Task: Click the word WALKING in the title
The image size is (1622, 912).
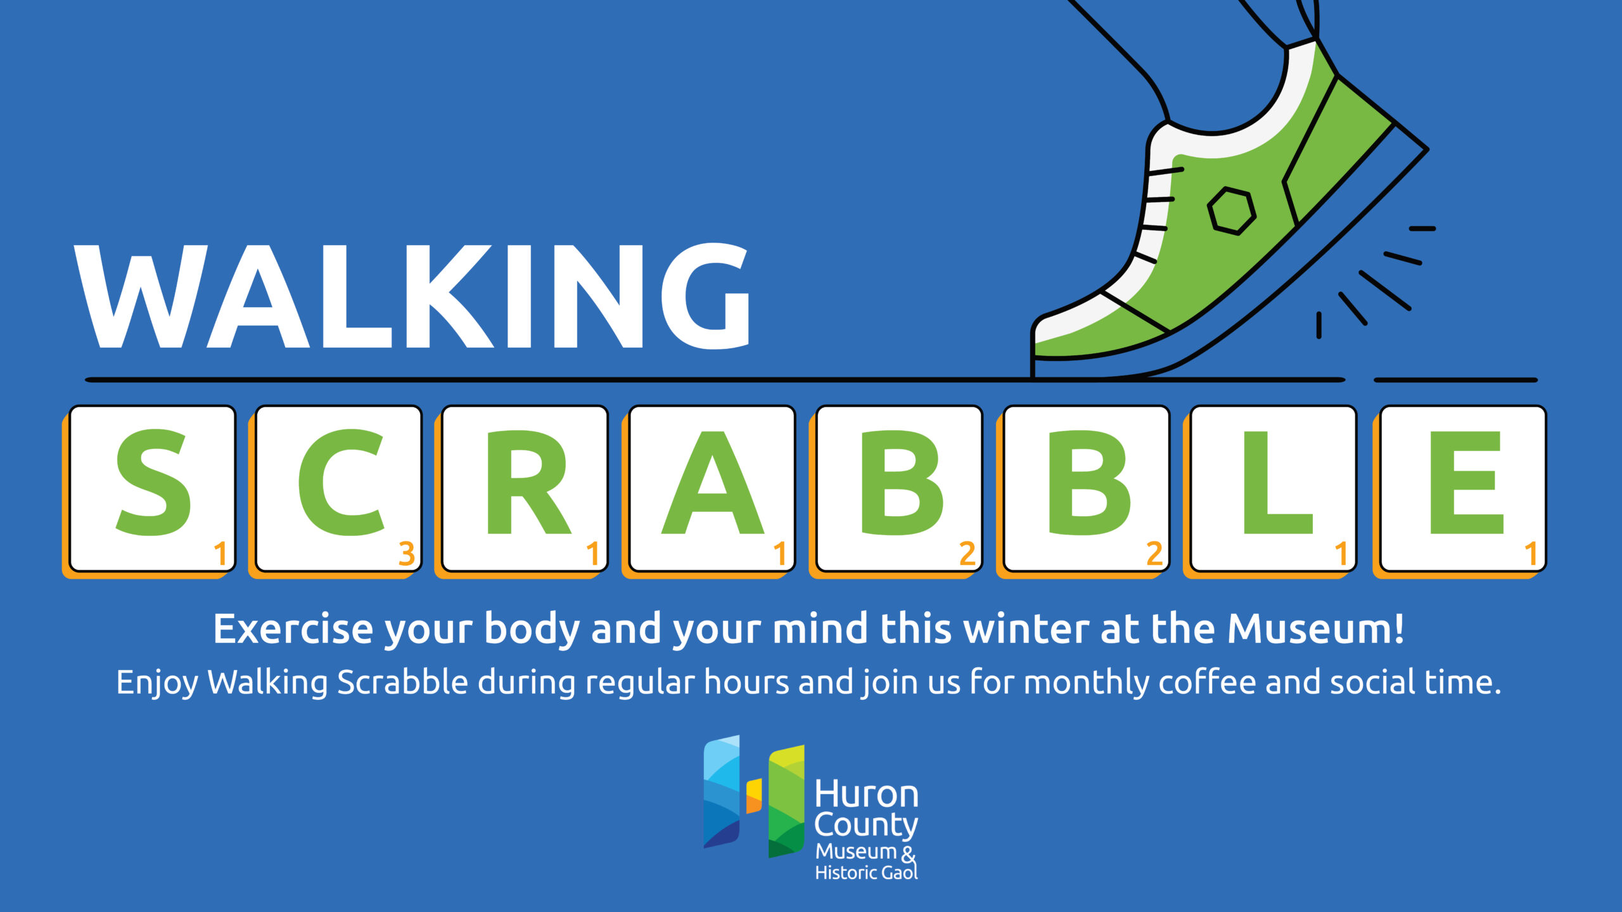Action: [412, 296]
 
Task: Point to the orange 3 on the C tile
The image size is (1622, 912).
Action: [407, 554]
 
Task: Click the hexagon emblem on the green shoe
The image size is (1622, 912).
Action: [1231, 211]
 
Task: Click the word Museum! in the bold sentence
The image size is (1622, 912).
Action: [1316, 629]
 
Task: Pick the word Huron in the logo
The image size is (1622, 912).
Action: [867, 794]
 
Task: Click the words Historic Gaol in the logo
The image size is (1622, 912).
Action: [866, 873]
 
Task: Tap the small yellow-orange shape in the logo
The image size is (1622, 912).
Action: [754, 795]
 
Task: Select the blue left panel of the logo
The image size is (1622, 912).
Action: [722, 791]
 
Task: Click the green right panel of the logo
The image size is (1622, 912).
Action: [786, 801]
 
